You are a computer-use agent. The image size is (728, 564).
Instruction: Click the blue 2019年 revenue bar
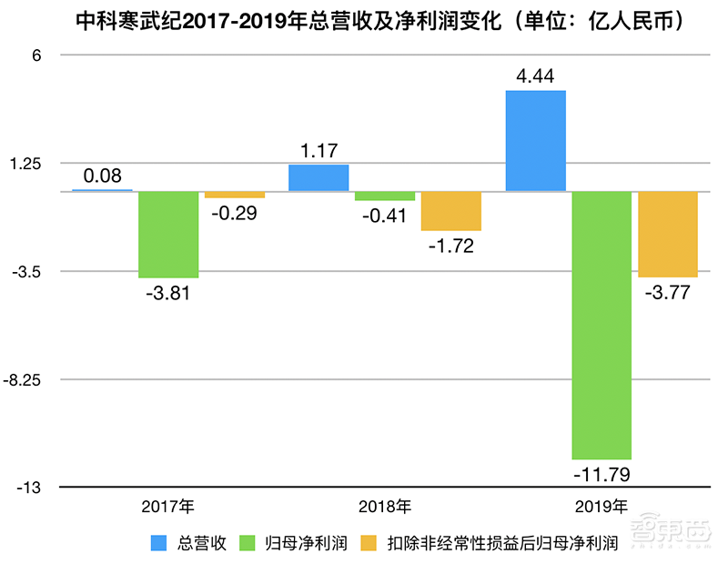[535, 141]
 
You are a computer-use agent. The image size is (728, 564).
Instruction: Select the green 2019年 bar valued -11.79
[602, 325]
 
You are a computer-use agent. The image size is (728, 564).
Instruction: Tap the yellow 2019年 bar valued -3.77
[667, 234]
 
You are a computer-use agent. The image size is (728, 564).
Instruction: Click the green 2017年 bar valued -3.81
[168, 234]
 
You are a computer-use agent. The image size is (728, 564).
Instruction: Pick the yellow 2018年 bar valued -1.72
[450, 211]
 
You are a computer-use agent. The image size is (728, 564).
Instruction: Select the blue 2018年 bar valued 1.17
[318, 178]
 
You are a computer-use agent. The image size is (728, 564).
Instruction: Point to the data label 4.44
[535, 76]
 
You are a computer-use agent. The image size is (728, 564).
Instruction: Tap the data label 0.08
[103, 176]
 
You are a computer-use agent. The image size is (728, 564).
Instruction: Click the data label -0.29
[234, 214]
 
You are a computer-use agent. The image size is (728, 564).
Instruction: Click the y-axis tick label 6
[38, 55]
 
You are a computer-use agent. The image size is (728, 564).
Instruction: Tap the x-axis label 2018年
[384, 507]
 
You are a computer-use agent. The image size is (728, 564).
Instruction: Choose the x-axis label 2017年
[168, 507]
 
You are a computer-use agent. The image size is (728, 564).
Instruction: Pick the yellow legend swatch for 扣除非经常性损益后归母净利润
[369, 544]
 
